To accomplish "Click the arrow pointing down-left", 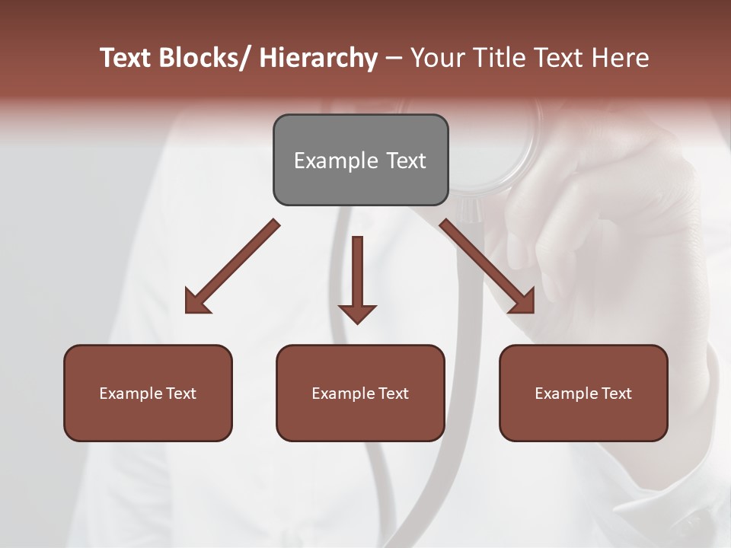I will pyautogui.click(x=231, y=267).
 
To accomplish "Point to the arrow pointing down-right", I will pyautogui.click(x=488, y=267).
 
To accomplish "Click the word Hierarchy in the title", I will pyautogui.click(x=318, y=59).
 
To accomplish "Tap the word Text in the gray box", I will pyautogui.click(x=406, y=161).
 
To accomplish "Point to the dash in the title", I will pyautogui.click(x=394, y=59).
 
